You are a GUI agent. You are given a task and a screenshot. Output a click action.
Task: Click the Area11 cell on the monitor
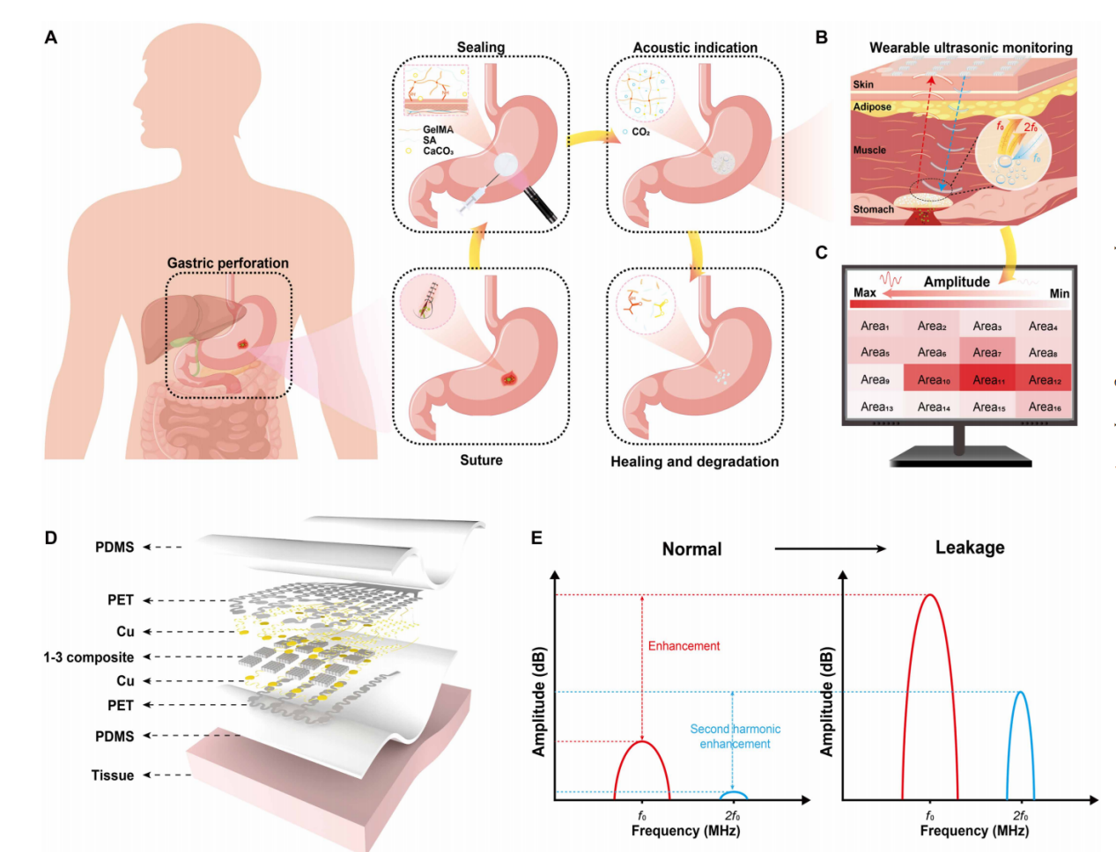[988, 380]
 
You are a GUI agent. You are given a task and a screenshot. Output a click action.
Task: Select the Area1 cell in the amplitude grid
[875, 327]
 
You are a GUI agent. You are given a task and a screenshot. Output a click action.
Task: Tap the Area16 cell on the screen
[1045, 407]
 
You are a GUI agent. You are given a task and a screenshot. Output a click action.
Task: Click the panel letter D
[51, 538]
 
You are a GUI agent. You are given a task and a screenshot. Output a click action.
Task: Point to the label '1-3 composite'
[89, 657]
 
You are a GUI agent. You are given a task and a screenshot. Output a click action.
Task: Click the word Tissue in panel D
[113, 775]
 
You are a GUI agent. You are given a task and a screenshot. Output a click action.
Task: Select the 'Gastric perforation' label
[227, 263]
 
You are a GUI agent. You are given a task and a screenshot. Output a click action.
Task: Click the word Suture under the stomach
[481, 460]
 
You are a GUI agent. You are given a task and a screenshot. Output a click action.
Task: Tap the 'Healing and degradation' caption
[694, 461]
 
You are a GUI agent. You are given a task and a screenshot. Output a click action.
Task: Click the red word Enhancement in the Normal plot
[684, 646]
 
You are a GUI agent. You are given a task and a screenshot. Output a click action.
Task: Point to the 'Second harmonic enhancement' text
[735, 737]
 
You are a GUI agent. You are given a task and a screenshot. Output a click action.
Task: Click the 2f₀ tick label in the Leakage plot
[1020, 816]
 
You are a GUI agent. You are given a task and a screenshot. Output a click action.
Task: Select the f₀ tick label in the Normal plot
[642, 816]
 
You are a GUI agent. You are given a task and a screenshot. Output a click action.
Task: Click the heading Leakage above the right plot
[969, 547]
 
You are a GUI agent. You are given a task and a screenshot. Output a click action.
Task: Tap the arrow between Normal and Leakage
[829, 548]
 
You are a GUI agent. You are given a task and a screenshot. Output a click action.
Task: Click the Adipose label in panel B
[872, 107]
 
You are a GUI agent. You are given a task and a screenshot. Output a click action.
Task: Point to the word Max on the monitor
[865, 293]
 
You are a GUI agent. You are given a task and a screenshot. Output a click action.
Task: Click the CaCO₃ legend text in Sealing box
[438, 151]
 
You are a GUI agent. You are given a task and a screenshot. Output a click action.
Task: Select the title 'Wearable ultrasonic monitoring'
[971, 48]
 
